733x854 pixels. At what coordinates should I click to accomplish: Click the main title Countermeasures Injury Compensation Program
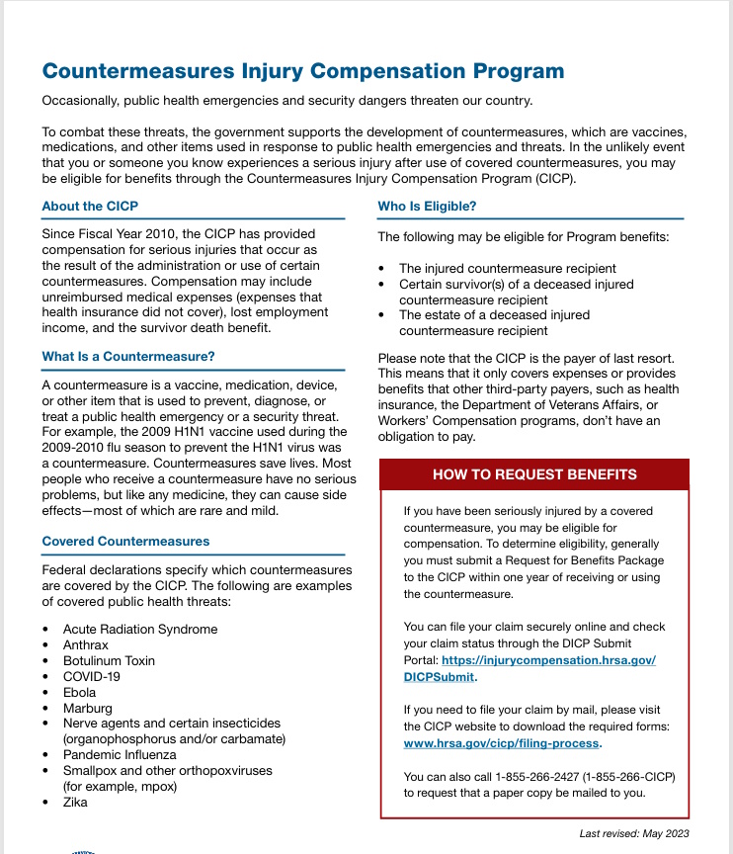[303, 71]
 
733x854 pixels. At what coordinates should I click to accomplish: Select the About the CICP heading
[90, 207]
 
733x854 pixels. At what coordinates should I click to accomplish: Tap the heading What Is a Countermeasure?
[128, 357]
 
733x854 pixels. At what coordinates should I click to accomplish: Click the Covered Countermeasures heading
[125, 542]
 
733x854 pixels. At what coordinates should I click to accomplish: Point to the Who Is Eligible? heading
[427, 207]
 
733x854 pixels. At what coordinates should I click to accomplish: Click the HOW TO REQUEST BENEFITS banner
[534, 474]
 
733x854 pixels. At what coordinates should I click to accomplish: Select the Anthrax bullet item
[85, 644]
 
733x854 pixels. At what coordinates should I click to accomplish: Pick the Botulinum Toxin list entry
[109, 660]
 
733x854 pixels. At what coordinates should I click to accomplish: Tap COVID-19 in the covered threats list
[92, 676]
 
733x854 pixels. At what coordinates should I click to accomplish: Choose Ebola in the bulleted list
[80, 692]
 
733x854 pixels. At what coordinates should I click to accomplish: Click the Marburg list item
[88, 708]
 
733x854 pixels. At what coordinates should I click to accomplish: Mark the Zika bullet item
[75, 802]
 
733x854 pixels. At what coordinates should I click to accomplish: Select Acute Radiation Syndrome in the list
[140, 629]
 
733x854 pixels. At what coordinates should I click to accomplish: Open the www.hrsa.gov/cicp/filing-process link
[501, 743]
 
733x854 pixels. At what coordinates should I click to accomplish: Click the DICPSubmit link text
[439, 677]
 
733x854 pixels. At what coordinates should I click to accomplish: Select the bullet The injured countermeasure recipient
[507, 268]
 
